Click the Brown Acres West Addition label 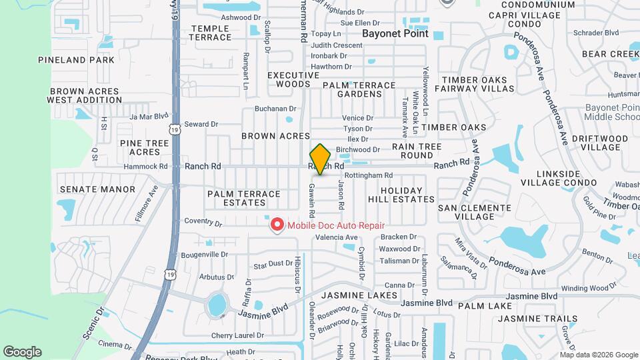[84, 95]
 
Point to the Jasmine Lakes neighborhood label [359, 295]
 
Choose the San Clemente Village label [475, 212]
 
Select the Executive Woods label [289, 79]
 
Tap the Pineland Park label [76, 60]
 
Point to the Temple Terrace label [211, 33]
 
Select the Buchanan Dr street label [275, 108]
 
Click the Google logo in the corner [22, 351]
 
